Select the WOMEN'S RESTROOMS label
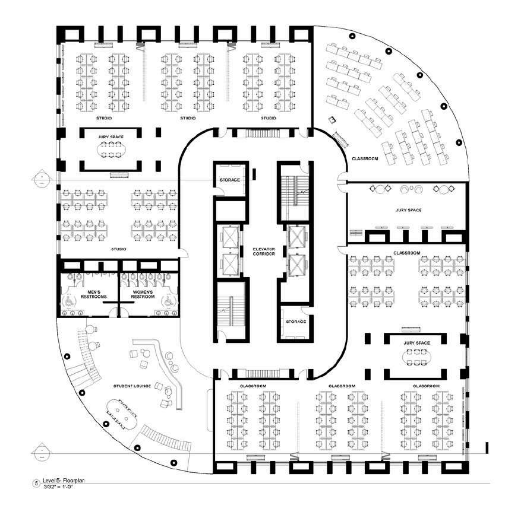(143, 295)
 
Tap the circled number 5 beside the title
(37, 484)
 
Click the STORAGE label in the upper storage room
(229, 180)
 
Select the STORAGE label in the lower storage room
(295, 322)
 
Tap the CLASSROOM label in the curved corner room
(363, 159)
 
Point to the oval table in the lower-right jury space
(416, 357)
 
